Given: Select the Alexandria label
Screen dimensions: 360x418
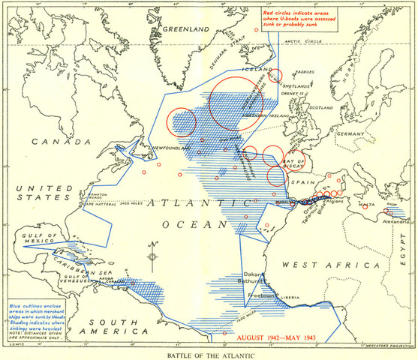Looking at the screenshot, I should coord(391,223).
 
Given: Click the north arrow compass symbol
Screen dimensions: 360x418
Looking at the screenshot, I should coord(153,255).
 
